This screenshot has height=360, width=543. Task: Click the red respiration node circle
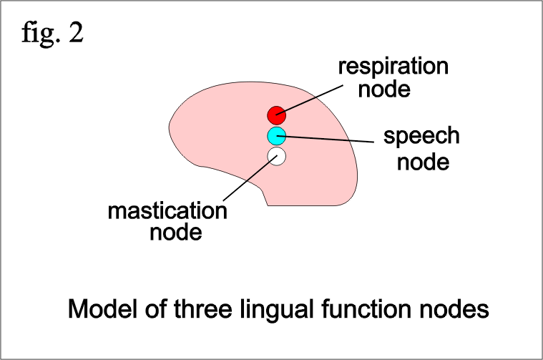[x=276, y=115]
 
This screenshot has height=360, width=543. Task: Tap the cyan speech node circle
[x=276, y=136]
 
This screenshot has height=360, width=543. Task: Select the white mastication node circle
[x=276, y=156]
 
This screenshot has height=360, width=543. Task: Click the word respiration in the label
[x=393, y=66]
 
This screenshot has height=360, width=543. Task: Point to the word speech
[x=421, y=135]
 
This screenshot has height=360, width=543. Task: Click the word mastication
[x=167, y=210]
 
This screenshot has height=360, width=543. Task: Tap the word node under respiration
[x=384, y=89]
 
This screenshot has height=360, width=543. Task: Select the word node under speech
[x=424, y=162]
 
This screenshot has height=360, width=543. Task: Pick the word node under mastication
[x=176, y=232]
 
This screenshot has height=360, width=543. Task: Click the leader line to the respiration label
[x=310, y=99]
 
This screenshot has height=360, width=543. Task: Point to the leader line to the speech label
[x=326, y=139]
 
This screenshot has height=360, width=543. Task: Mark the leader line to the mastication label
[x=250, y=178]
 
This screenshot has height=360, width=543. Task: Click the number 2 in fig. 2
[x=76, y=33]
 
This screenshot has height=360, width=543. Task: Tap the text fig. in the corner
[x=41, y=34]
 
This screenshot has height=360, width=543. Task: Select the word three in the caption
[x=203, y=308]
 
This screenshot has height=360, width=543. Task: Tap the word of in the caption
[x=155, y=308]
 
